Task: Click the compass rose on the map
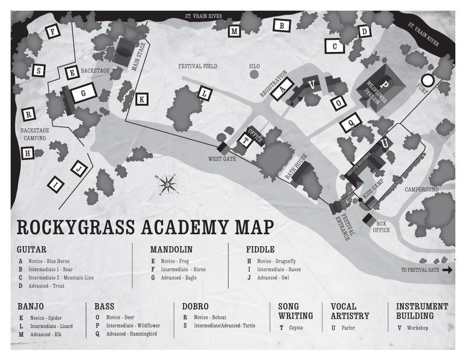pyautogui.click(x=167, y=185)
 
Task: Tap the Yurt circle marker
pyautogui.click(x=427, y=80)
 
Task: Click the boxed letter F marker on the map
pyautogui.click(x=52, y=32)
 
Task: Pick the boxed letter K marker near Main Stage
pyautogui.click(x=142, y=99)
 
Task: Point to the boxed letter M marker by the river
pyautogui.click(x=234, y=32)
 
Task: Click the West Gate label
pyautogui.click(x=222, y=158)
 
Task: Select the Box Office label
pyautogui.click(x=381, y=227)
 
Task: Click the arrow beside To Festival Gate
pyautogui.click(x=447, y=270)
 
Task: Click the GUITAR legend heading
pyautogui.click(x=32, y=250)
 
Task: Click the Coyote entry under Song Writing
pyautogui.click(x=296, y=328)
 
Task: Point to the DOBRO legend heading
pyautogui.click(x=196, y=307)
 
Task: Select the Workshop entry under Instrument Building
pyautogui.click(x=417, y=328)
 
